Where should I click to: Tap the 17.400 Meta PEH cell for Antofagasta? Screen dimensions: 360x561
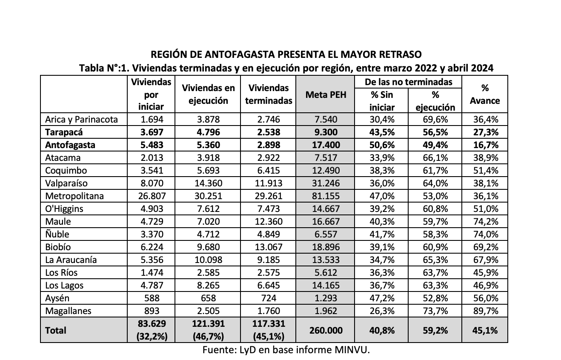326,145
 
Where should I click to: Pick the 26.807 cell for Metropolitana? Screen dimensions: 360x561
151,196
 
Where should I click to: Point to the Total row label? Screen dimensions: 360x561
56,330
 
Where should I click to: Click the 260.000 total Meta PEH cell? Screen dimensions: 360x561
326,330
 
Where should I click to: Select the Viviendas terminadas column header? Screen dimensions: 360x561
269,94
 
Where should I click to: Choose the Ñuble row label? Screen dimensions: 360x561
57,234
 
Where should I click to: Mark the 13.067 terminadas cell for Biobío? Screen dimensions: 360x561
269,247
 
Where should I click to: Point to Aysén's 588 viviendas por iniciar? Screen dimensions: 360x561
151,298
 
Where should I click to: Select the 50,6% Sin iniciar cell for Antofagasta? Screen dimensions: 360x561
382,145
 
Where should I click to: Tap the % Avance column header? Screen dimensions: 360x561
485,94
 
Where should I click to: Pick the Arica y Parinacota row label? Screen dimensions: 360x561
81,120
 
